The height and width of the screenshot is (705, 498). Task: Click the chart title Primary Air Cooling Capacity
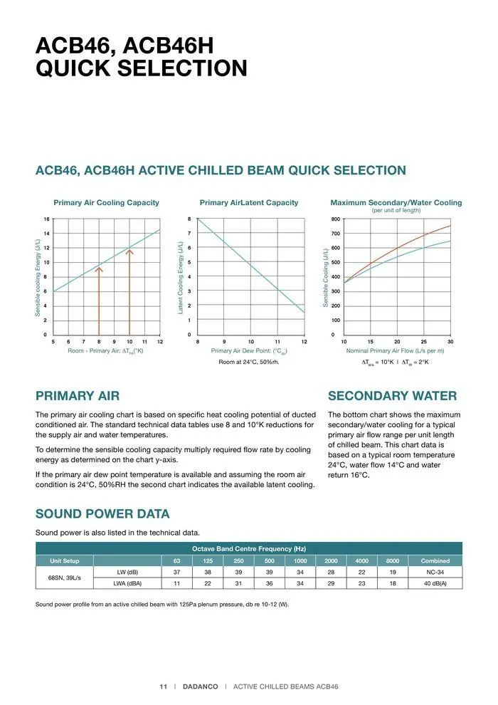point(106,203)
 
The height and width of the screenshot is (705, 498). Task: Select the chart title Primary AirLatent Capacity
point(249,203)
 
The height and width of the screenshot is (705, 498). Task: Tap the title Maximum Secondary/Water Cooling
point(396,203)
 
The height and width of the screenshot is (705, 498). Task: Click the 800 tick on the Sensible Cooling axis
point(336,219)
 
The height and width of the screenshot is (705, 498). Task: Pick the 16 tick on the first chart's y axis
point(46,219)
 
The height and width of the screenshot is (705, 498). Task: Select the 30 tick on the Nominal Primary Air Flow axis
point(450,343)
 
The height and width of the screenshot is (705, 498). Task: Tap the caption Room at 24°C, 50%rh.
point(249,362)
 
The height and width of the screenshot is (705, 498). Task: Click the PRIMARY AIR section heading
point(78,396)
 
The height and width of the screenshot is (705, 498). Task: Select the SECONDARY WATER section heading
point(392,396)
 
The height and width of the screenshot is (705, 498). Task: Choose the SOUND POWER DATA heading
point(102,514)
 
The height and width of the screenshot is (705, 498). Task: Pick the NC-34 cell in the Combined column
point(435,572)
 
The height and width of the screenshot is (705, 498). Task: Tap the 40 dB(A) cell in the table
point(435,583)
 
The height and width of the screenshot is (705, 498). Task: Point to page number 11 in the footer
point(163,686)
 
